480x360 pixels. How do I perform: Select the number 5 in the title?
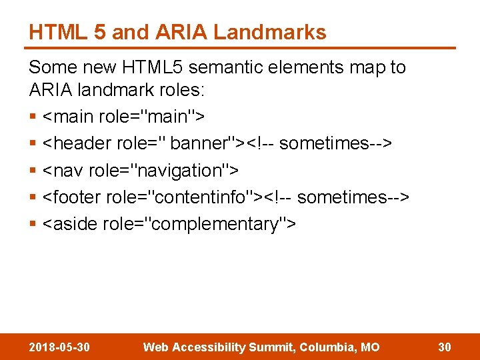99,32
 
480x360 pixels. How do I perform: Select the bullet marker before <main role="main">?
33,117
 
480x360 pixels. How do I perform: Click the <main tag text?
67,117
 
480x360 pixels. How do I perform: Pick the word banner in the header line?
199,143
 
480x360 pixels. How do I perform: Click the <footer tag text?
73,197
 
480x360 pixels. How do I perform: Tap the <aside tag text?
69,224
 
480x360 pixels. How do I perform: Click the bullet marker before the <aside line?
33,225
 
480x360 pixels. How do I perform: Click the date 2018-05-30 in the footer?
60,347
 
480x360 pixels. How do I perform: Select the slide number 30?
445,347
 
